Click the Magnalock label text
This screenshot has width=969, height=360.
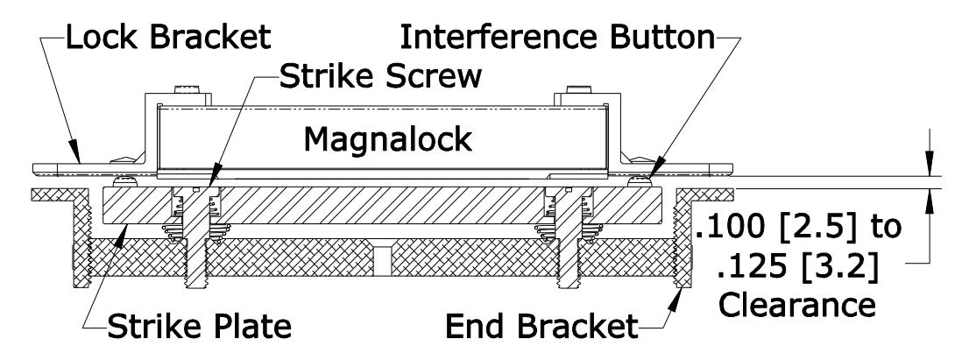[x=387, y=140]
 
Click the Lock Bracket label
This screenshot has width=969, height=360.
[x=168, y=37]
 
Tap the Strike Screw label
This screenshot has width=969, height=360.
[x=380, y=76]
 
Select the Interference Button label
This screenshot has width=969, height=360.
[x=557, y=37]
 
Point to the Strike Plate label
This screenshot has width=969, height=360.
[x=199, y=326]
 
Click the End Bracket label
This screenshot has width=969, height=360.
[x=541, y=326]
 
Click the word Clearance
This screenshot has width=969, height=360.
[x=797, y=305]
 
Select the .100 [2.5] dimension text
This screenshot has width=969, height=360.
[x=776, y=227]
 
